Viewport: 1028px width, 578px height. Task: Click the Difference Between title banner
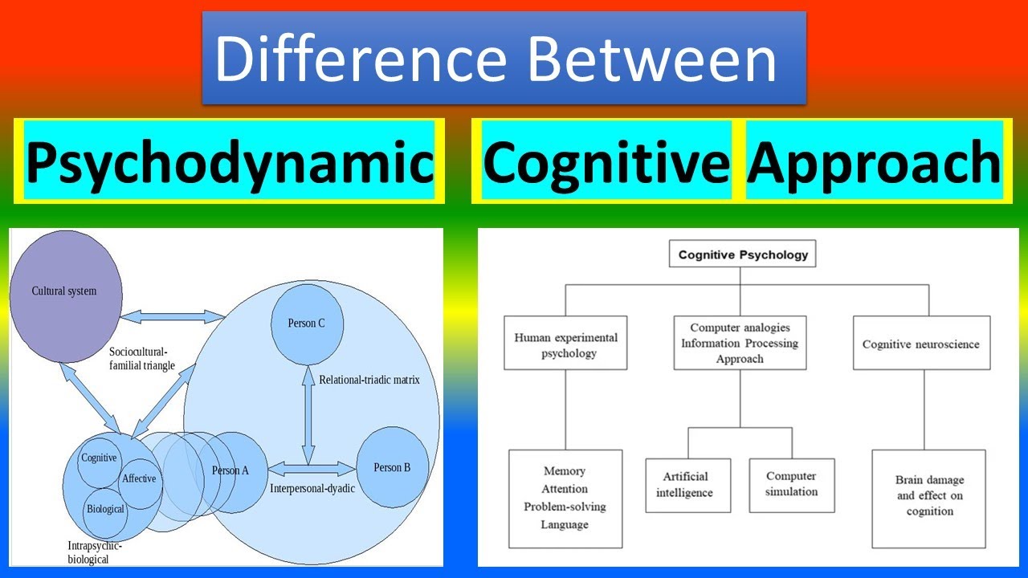click(x=504, y=58)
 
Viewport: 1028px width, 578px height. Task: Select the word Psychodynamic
click(x=230, y=161)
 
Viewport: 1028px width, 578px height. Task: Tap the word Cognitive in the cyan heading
click(x=606, y=161)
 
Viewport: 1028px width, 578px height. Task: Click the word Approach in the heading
click(x=874, y=161)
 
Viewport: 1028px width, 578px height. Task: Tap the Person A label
click(x=230, y=470)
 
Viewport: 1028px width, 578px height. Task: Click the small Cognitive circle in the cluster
click(x=99, y=458)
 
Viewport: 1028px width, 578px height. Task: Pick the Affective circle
click(x=139, y=479)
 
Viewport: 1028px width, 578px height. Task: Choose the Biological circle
click(x=105, y=510)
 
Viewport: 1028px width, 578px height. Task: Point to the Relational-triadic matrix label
click(x=369, y=380)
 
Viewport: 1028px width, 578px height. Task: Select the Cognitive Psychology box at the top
click(x=743, y=255)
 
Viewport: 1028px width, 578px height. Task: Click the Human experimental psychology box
click(x=565, y=345)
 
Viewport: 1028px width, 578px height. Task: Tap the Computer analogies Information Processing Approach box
click(x=740, y=343)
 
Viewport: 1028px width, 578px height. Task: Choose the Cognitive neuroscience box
click(x=921, y=344)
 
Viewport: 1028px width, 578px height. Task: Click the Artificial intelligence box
click(x=688, y=485)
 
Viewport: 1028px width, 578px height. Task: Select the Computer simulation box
click(x=791, y=485)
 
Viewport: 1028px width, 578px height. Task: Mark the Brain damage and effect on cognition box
click(x=929, y=495)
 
